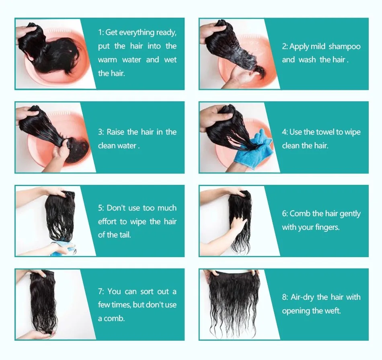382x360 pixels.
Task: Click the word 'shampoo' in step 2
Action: [x=344, y=47]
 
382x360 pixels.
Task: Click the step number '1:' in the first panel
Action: [x=101, y=33]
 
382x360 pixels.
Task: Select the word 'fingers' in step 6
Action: [x=324, y=227]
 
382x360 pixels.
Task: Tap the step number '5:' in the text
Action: [x=101, y=208]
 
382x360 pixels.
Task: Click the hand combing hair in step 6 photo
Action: [x=238, y=223]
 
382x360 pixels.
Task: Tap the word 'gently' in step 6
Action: [x=350, y=214]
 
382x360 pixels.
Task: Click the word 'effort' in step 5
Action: [x=106, y=222]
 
